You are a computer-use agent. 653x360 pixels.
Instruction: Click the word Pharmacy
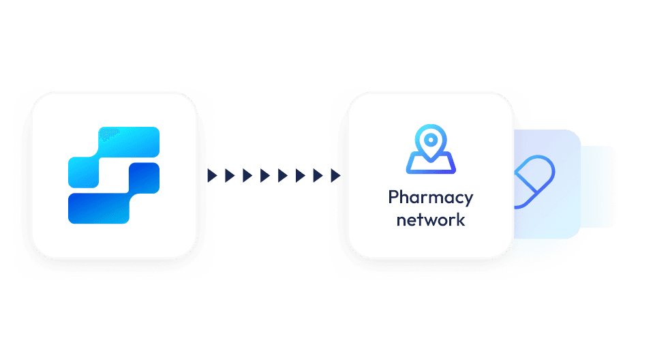430,198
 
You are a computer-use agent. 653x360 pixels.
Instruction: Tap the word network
430,220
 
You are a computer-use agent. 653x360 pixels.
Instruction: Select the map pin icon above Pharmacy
431,149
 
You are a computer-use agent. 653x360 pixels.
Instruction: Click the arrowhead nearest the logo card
212,176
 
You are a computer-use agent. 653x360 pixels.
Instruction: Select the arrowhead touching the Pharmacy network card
335,176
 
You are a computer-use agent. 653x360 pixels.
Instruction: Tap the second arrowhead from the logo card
230,176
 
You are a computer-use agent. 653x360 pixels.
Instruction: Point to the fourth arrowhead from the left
264,176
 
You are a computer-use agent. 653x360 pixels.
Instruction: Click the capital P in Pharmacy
393,197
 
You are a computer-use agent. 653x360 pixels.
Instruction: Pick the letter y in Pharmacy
468,200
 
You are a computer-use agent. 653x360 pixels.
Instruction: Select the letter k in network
461,219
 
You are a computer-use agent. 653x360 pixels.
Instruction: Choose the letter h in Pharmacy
405,197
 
